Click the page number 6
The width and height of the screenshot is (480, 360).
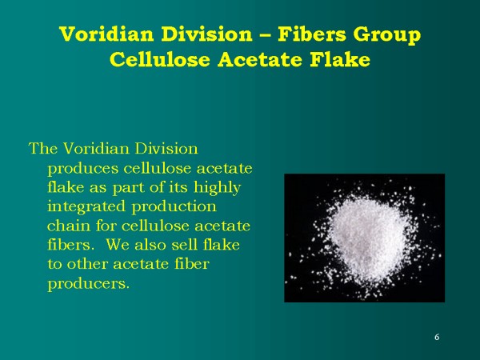click(437, 337)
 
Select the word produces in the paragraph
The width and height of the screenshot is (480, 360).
click(78, 167)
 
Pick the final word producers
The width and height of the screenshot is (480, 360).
click(88, 282)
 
